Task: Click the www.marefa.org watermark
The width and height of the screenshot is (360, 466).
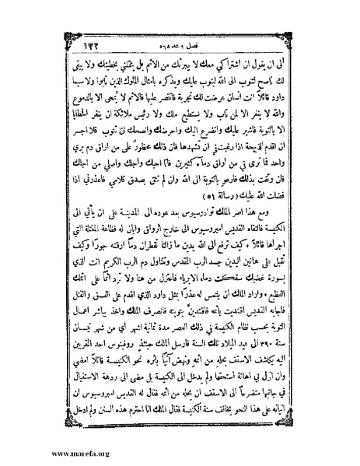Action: [x=36, y=450]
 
